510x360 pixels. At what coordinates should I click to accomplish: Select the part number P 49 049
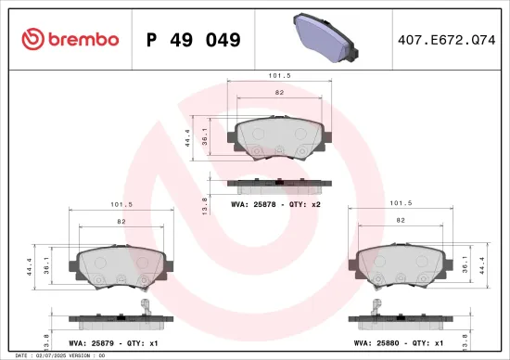[x=194, y=40]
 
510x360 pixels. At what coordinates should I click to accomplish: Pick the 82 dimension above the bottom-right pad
[x=401, y=220]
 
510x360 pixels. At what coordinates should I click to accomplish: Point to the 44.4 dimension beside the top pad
[x=189, y=138]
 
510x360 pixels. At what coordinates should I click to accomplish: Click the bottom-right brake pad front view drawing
[x=401, y=268]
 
